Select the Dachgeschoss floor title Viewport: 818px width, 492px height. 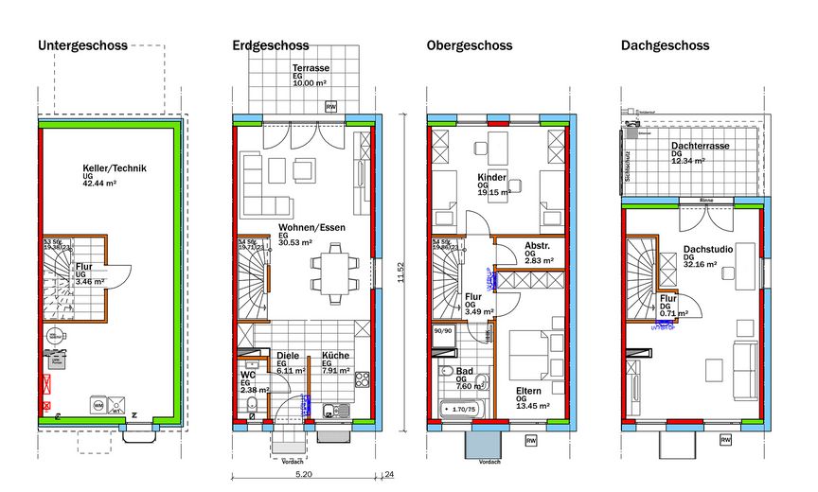click(x=665, y=45)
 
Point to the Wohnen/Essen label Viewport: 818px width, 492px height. click(x=311, y=227)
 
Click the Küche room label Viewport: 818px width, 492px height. click(x=335, y=356)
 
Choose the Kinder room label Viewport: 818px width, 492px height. click(x=491, y=177)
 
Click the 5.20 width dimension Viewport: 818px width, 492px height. click(x=305, y=473)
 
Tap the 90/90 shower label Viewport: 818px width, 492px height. click(x=442, y=331)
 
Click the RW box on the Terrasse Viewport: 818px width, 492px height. click(x=331, y=107)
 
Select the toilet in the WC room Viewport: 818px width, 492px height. click(x=251, y=409)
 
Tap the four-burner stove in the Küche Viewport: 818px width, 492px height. click(x=361, y=379)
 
